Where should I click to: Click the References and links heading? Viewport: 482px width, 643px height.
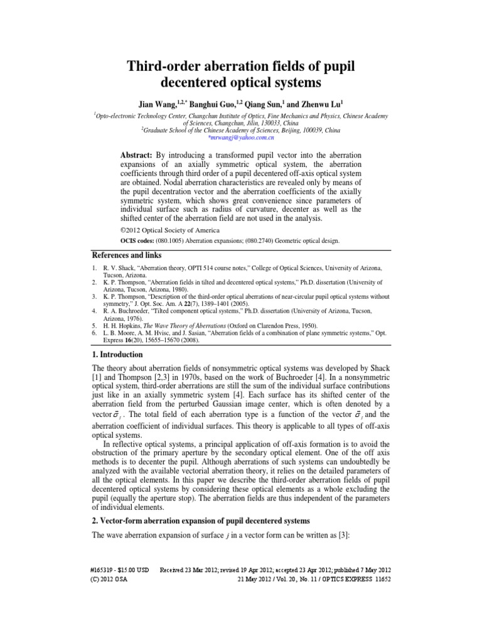tap(127, 255)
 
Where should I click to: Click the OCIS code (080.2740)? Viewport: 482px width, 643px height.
tap(265, 240)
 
